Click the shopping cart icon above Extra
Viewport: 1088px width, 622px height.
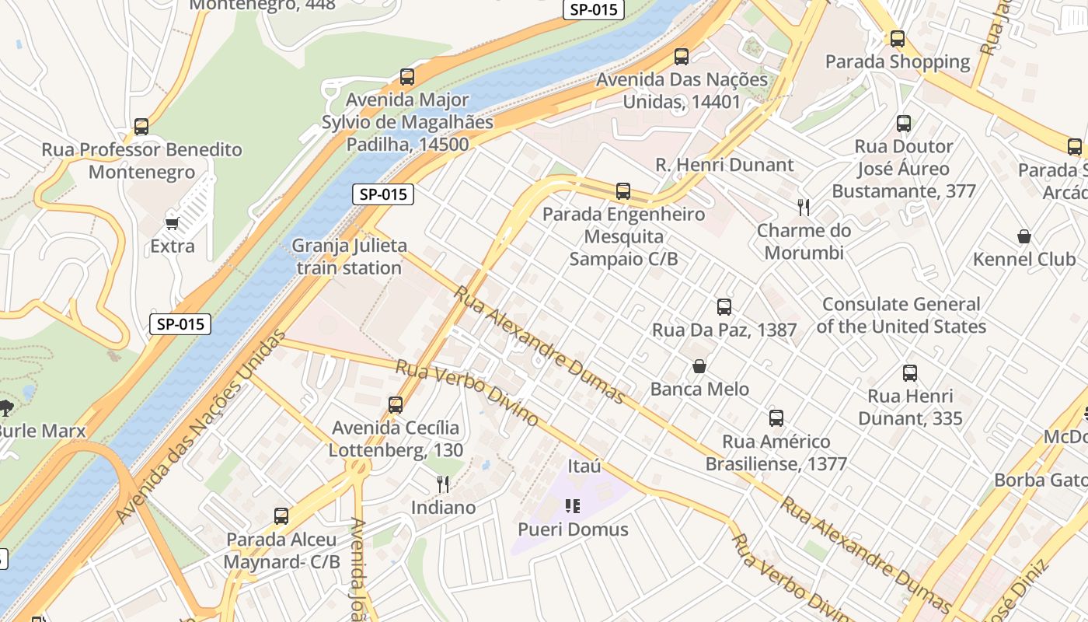point(173,224)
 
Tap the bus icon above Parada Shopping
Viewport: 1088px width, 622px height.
point(898,39)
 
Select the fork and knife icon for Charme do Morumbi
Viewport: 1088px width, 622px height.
point(804,208)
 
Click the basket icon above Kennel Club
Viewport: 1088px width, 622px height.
point(1024,236)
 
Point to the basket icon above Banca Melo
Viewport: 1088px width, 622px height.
point(699,366)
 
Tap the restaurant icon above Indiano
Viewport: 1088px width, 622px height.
point(443,484)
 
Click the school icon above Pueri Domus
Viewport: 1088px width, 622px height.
point(573,507)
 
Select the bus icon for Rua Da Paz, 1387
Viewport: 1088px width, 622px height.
point(724,307)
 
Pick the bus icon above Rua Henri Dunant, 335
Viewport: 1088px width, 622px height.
point(910,373)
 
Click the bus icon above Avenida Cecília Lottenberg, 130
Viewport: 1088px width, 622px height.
point(396,405)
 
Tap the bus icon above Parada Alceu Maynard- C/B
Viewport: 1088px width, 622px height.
point(281,516)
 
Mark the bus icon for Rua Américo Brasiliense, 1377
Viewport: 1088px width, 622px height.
point(776,418)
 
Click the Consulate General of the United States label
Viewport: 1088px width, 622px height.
point(901,315)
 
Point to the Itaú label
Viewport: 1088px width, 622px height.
point(584,466)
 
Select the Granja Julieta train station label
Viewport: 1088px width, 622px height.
point(349,257)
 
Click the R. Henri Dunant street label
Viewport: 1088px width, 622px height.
point(724,165)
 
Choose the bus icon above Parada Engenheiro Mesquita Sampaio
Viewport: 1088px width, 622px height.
point(622,191)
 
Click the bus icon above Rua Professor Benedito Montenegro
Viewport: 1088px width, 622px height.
point(141,127)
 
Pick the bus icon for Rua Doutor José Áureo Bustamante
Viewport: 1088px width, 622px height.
point(903,124)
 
